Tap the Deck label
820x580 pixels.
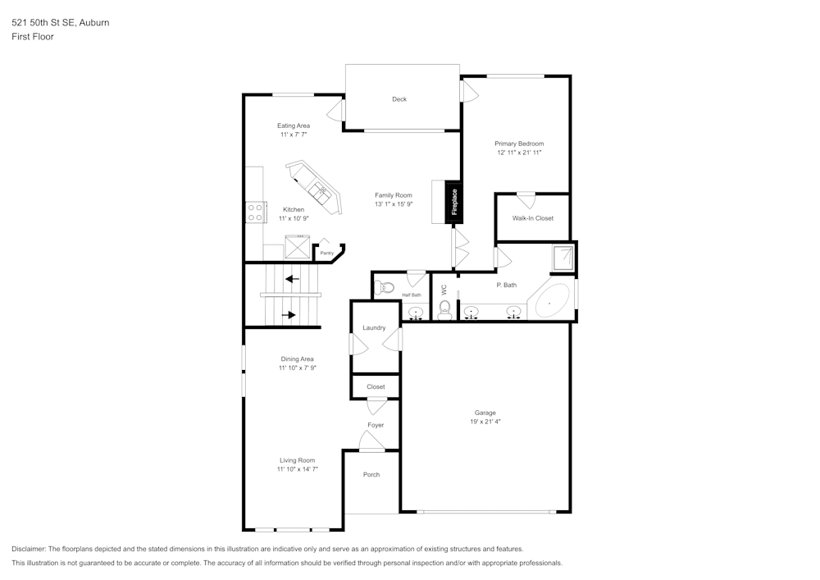[x=399, y=99]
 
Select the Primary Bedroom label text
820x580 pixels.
[x=519, y=144]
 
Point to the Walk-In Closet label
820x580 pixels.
[x=533, y=218]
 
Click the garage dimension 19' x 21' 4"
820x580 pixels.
[x=485, y=422]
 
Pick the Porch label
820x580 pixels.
[x=371, y=474]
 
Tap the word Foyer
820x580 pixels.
[x=376, y=425]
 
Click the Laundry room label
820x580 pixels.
[x=374, y=328]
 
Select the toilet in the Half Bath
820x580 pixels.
[x=384, y=287]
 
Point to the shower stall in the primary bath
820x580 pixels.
[x=563, y=258]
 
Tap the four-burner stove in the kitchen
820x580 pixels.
[x=256, y=212]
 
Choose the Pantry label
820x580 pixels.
[x=326, y=253]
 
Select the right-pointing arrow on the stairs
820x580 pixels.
[x=289, y=313]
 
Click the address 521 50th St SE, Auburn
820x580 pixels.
[x=61, y=23]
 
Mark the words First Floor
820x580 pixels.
[x=33, y=37]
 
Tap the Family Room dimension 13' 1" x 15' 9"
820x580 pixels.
[x=394, y=204]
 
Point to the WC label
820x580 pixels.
[x=444, y=290]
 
